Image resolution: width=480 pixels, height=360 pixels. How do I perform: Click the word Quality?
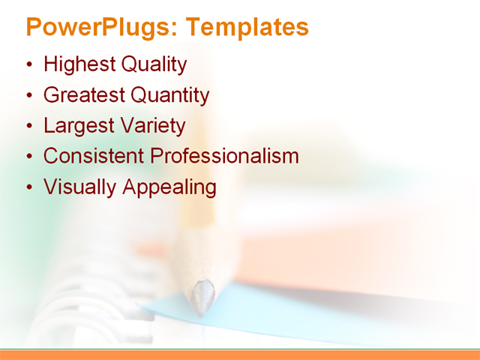[154, 65]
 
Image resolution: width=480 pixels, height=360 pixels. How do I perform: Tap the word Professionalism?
[225, 156]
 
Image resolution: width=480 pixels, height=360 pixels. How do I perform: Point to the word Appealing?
[168, 187]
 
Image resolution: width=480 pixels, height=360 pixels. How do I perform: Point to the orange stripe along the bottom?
[240, 355]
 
